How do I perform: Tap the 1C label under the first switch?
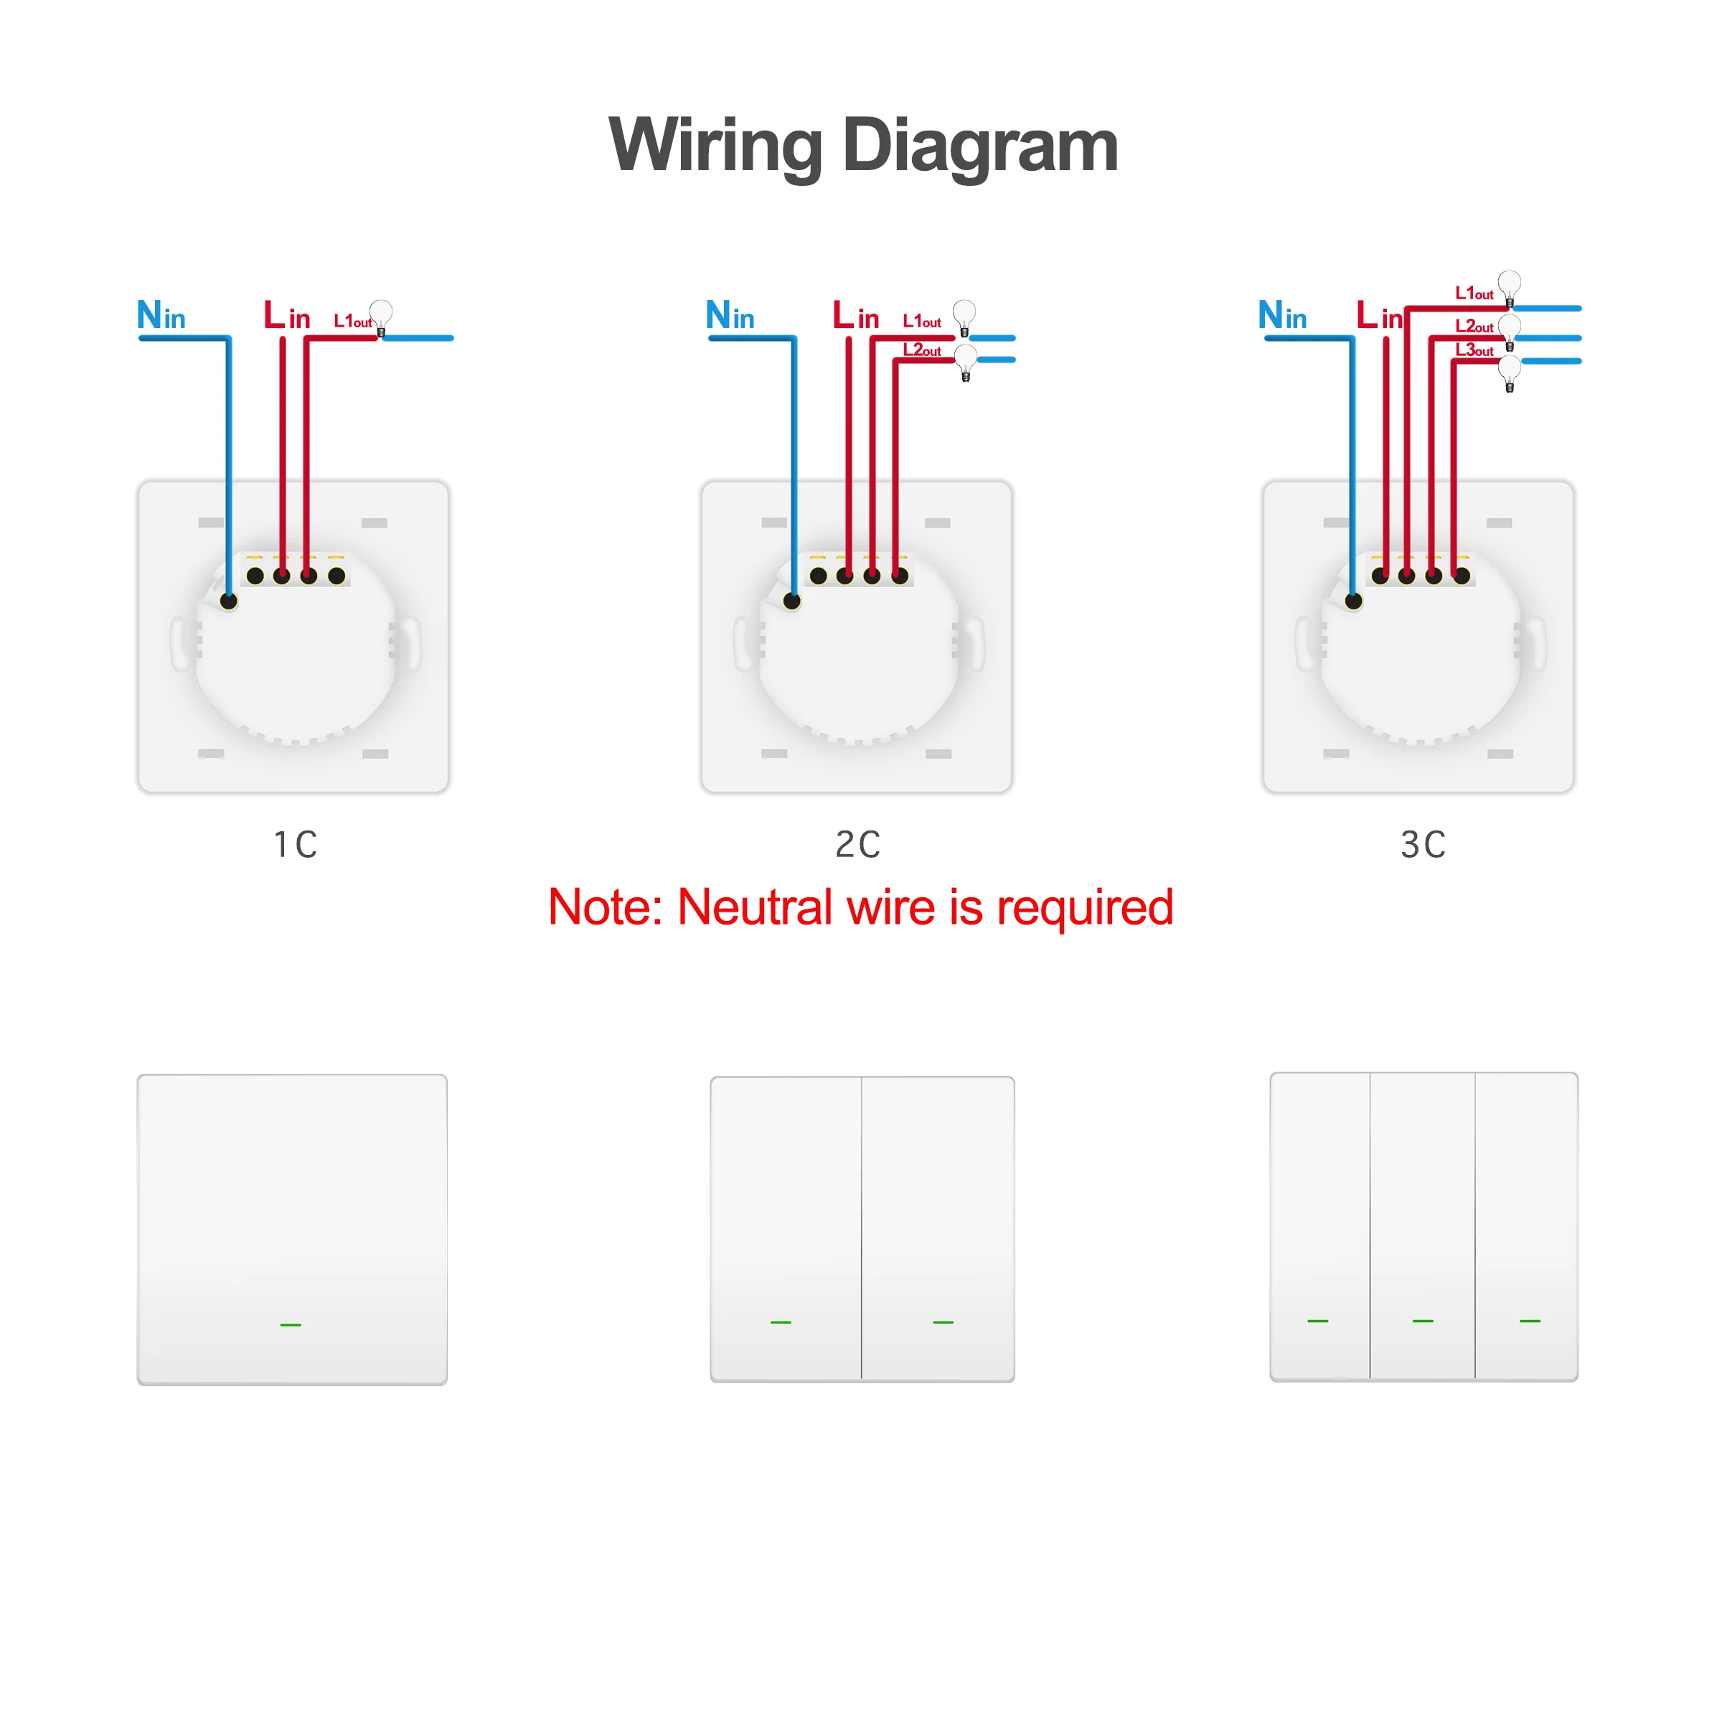[x=295, y=843]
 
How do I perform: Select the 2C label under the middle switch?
[x=857, y=843]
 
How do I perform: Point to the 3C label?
[x=1423, y=843]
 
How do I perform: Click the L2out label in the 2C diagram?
[x=921, y=350]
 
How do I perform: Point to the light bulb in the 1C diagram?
[x=380, y=317]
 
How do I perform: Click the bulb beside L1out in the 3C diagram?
[x=1509, y=288]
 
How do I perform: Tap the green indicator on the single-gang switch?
[x=291, y=1325]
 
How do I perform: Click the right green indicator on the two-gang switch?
[x=943, y=1322]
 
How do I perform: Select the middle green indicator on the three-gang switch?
[x=1423, y=1320]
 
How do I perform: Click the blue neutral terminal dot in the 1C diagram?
[x=228, y=601]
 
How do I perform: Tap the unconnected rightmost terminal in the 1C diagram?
[x=336, y=576]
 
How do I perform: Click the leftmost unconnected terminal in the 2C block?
[x=818, y=576]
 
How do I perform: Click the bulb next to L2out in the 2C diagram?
[x=965, y=362]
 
